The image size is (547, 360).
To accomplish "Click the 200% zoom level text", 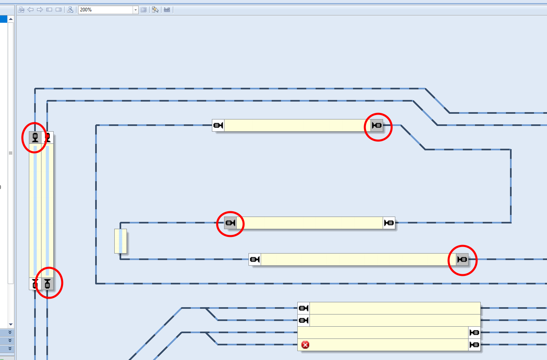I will click(86, 10).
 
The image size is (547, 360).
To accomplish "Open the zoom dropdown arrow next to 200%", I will click(136, 10).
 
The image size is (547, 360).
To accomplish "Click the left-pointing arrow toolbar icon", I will click(31, 10).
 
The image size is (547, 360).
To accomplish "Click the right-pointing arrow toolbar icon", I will click(40, 10).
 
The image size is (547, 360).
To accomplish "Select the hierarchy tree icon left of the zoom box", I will click(70, 10).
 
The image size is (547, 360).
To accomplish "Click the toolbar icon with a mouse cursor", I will click(155, 10).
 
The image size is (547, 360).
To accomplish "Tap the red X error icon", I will click(305, 345).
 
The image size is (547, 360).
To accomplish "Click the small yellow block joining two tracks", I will click(120, 241).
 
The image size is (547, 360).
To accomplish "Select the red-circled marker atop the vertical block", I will click(35, 137).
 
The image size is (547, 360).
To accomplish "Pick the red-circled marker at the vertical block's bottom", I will click(48, 284).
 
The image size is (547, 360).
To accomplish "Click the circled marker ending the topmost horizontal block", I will click(377, 125).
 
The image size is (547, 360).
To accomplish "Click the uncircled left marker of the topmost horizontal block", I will click(218, 125).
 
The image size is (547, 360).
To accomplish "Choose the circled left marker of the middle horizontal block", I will click(231, 223).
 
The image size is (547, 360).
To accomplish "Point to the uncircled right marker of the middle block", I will click(389, 223).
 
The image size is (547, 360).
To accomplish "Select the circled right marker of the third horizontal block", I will click(462, 259).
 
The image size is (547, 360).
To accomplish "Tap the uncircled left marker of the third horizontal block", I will click(255, 259).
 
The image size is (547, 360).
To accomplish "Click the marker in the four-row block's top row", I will click(304, 308).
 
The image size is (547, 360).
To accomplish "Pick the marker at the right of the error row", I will click(475, 345).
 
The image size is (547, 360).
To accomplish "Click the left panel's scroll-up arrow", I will click(11, 19).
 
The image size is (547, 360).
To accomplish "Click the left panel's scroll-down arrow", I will click(11, 324).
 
